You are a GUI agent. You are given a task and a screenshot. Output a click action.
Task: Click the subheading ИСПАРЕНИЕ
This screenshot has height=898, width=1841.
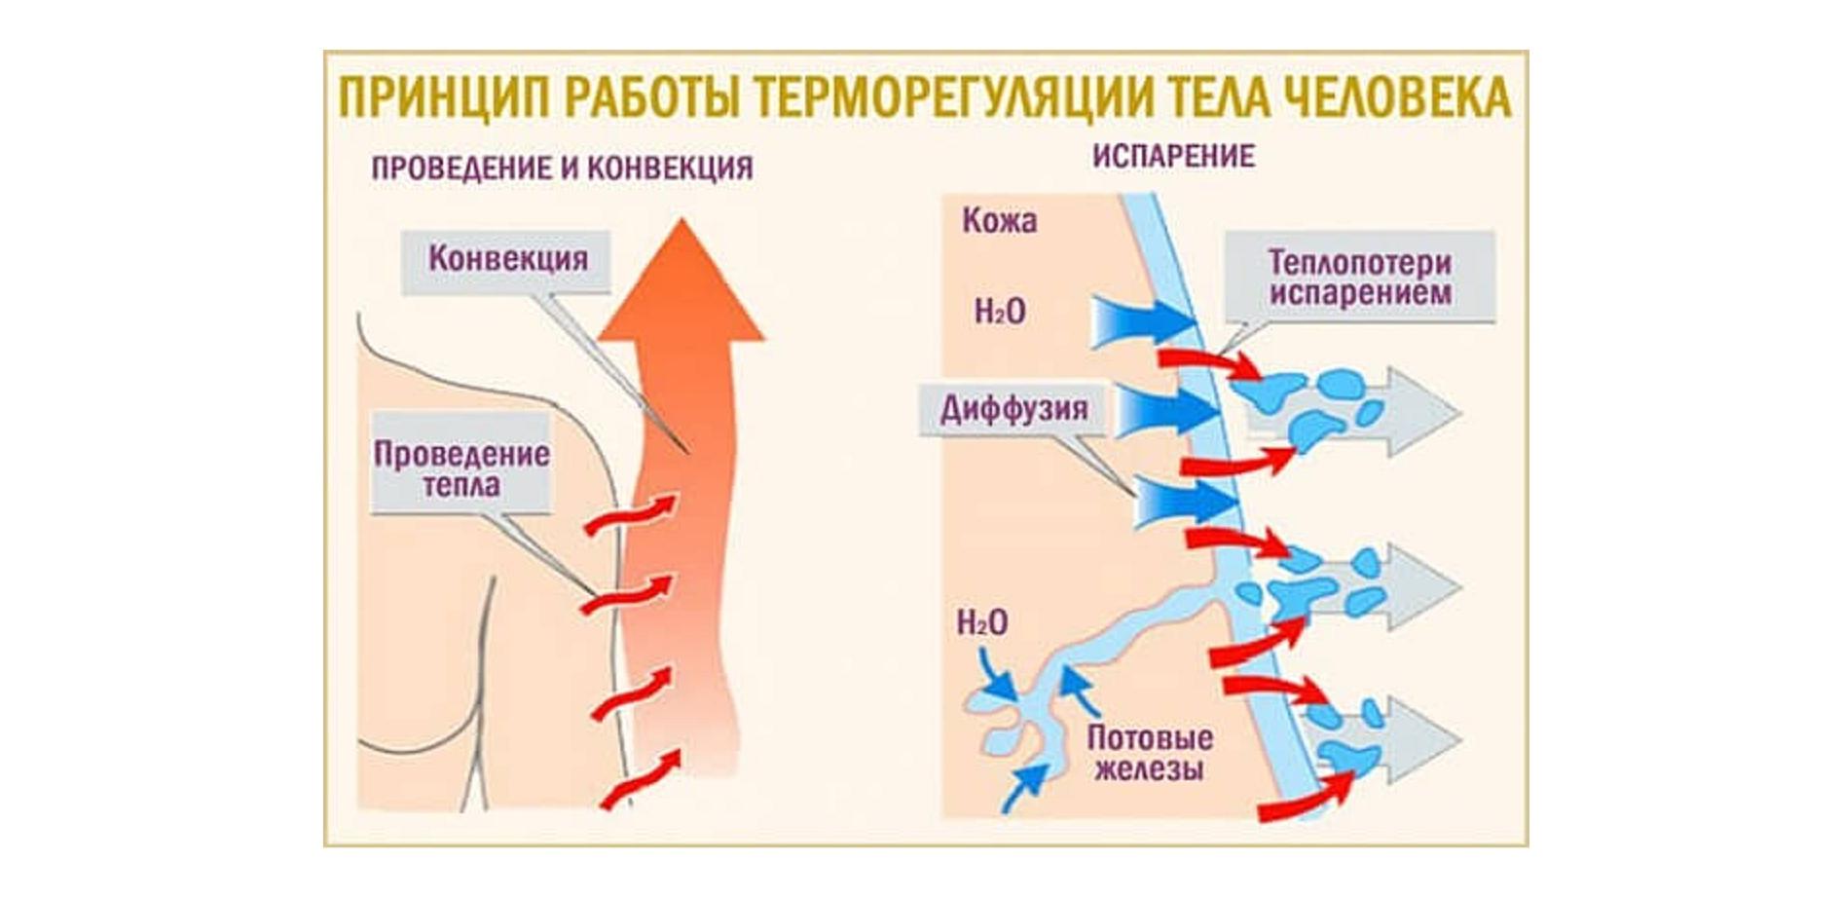(1173, 157)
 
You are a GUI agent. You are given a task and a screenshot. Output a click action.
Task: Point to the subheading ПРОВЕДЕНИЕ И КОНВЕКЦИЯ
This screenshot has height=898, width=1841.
(562, 168)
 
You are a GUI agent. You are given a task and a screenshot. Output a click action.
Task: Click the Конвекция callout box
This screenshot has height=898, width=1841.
(507, 260)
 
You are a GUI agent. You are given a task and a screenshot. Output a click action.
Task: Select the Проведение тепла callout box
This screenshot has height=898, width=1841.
(461, 468)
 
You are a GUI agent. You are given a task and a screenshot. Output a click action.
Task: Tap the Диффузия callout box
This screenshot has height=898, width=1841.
(1013, 408)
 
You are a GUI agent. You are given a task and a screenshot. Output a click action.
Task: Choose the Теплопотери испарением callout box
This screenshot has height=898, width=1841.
(1359, 277)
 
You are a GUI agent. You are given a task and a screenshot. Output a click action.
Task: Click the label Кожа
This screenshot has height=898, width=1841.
(999, 221)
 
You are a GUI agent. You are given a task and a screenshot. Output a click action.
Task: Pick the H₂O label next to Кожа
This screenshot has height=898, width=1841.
(1000, 312)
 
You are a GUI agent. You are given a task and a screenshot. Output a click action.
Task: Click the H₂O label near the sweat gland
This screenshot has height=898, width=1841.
(982, 622)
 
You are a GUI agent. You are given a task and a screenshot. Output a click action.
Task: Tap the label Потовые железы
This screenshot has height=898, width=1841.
(1150, 752)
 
